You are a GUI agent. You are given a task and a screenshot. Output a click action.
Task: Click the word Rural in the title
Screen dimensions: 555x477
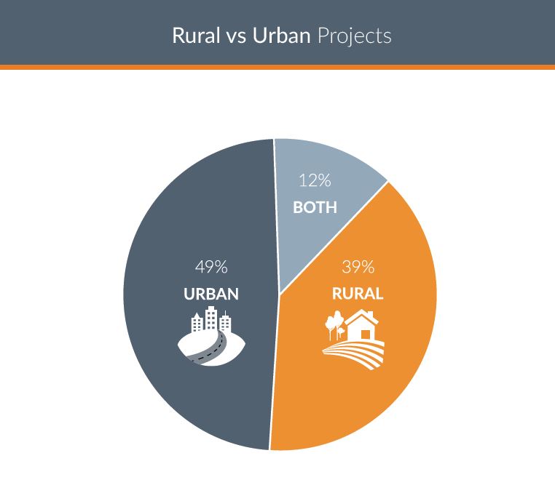pyautogui.click(x=196, y=36)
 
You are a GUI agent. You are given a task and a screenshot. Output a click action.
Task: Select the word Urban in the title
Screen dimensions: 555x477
pyautogui.click(x=281, y=36)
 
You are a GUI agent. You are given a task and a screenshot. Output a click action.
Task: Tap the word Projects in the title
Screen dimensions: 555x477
pyautogui.click(x=354, y=37)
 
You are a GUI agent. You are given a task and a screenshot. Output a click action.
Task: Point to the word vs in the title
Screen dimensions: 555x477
pyautogui.click(x=236, y=38)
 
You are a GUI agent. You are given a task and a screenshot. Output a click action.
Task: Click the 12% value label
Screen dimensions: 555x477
pyautogui.click(x=315, y=180)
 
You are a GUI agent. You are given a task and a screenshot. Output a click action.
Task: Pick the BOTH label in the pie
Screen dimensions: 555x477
pyautogui.click(x=315, y=207)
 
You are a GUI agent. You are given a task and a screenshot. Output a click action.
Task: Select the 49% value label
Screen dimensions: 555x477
pyautogui.click(x=211, y=267)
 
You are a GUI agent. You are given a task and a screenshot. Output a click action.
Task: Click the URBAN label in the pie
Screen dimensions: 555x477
pyautogui.click(x=211, y=294)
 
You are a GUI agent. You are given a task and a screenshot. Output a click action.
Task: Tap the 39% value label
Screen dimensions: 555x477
pyautogui.click(x=358, y=267)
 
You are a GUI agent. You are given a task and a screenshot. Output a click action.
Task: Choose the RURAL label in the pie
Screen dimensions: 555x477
pyautogui.click(x=358, y=294)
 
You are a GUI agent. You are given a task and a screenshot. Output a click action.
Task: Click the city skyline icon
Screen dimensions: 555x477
pyautogui.click(x=211, y=336)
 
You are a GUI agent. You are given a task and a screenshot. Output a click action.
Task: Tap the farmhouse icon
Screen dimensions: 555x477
pyautogui.click(x=362, y=326)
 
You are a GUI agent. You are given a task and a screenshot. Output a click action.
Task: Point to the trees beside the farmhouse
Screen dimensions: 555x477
pyautogui.click(x=334, y=325)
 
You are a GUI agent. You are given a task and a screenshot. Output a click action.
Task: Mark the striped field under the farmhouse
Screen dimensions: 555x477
pyautogui.click(x=353, y=354)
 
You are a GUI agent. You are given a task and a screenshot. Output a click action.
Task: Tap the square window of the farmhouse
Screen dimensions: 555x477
pyautogui.click(x=366, y=334)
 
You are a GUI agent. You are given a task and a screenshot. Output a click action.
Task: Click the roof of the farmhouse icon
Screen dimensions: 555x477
pyautogui.click(x=362, y=317)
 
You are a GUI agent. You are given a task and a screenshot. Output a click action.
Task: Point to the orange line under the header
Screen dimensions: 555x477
pyautogui.click(x=277, y=67)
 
